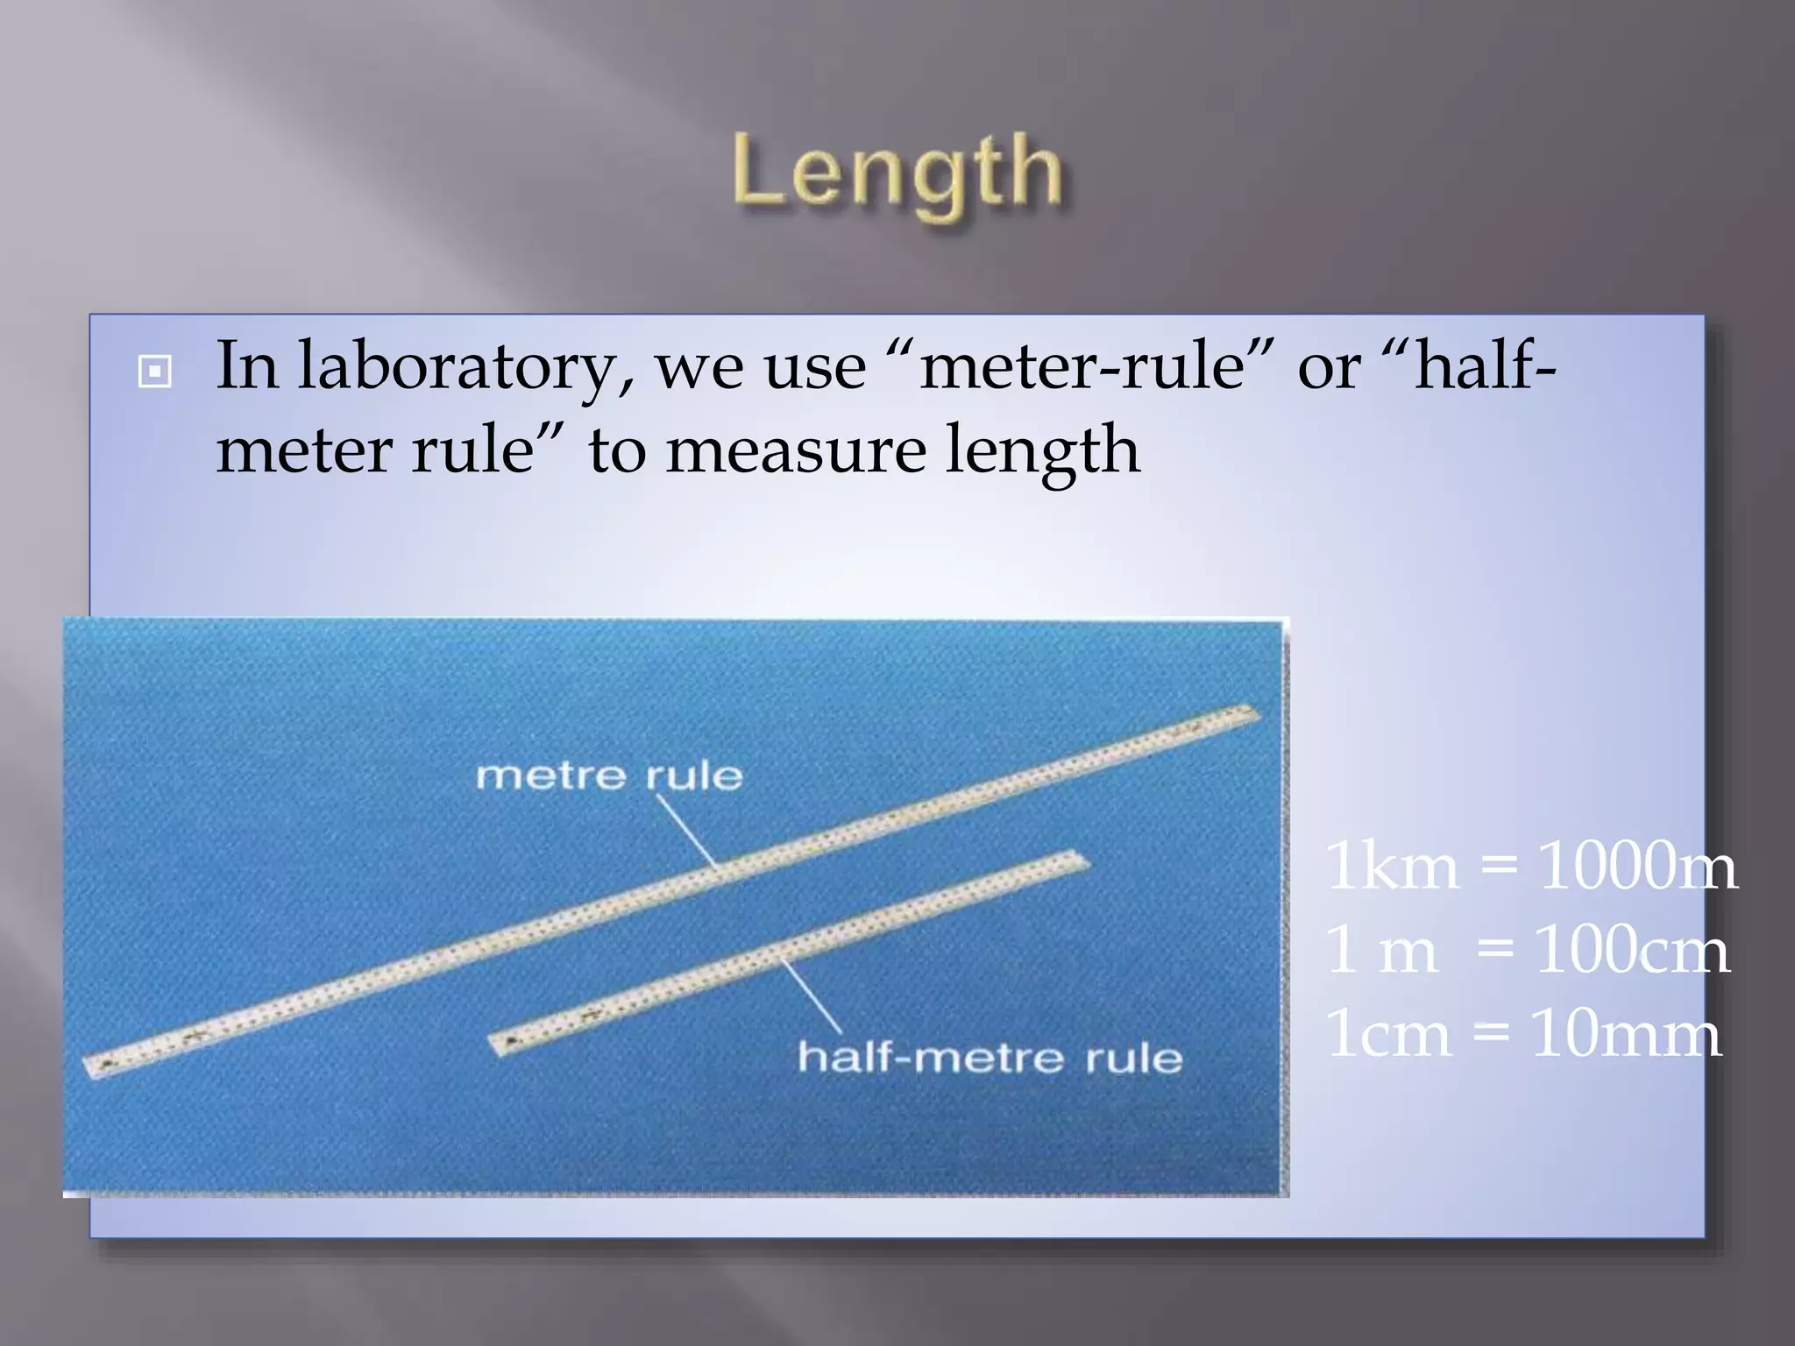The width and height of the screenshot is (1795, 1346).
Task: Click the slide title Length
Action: pos(897,173)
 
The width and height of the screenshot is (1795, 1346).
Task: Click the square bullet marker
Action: pos(155,372)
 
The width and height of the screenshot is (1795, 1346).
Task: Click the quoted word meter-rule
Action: pos(1082,366)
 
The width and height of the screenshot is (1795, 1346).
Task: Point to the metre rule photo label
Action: pos(609,776)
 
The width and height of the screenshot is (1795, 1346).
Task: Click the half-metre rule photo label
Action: pos(990,1058)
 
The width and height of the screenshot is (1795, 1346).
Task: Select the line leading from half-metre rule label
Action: pos(811,997)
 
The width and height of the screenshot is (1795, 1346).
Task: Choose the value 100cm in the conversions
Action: pos(1632,949)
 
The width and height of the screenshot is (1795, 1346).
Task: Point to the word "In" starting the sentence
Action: pos(247,366)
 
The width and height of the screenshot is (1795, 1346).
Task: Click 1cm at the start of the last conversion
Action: pos(1387,1033)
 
